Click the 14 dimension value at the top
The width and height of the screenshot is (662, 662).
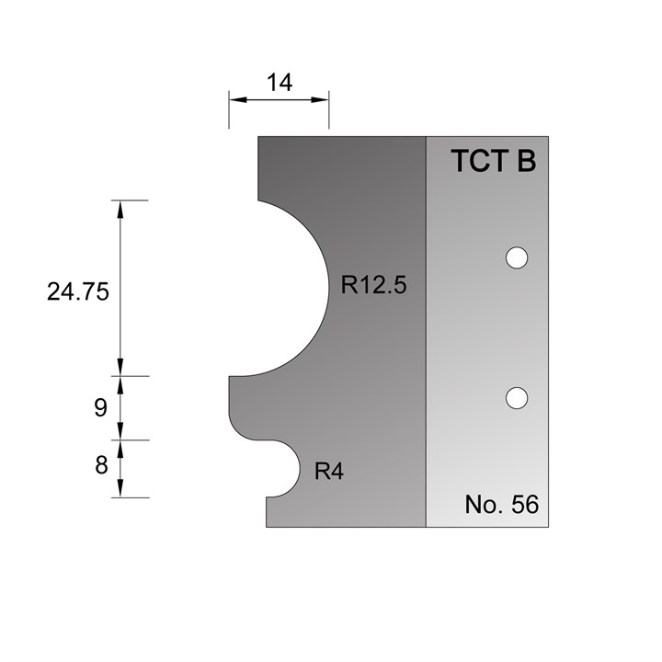(x=279, y=84)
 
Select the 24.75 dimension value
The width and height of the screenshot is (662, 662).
(x=78, y=292)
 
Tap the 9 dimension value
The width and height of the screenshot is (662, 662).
(x=101, y=408)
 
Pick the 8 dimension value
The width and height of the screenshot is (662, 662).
(x=101, y=465)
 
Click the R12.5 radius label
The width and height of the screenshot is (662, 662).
(x=373, y=285)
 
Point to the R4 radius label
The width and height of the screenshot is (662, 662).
(x=329, y=472)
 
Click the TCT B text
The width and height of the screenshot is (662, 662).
(x=493, y=162)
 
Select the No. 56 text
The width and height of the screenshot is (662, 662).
(x=501, y=505)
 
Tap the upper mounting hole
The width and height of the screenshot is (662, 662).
(x=518, y=258)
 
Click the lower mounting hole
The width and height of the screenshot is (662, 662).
(x=518, y=397)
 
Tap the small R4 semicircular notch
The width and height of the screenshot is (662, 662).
(x=287, y=468)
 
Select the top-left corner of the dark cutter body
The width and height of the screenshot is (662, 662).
(x=259, y=138)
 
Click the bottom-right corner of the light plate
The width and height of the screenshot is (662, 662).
(x=548, y=526)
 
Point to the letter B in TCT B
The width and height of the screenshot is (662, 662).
(x=525, y=162)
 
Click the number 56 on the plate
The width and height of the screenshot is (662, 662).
(x=524, y=505)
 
